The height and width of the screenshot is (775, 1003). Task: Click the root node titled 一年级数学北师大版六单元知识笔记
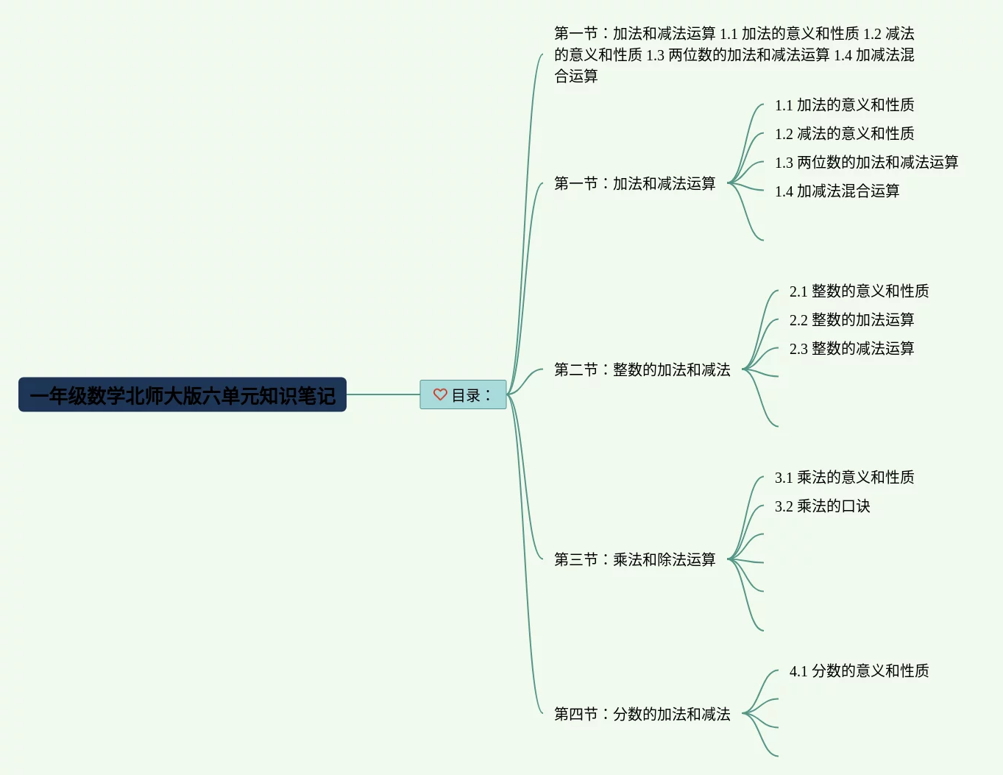click(182, 395)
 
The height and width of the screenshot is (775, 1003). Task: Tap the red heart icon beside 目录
click(440, 394)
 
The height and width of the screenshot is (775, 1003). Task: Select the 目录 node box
click(463, 394)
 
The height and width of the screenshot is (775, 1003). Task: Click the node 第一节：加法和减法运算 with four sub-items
click(634, 183)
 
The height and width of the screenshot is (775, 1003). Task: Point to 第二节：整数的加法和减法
click(642, 369)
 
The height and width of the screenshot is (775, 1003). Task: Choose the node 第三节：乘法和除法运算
click(634, 559)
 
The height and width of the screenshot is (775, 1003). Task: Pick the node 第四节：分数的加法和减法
click(642, 714)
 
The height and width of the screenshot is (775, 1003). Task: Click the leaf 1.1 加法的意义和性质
click(844, 105)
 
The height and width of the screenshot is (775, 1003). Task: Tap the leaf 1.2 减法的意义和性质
click(844, 134)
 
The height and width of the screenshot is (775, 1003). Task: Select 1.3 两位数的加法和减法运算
click(866, 163)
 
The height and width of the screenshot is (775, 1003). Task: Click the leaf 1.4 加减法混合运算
click(837, 191)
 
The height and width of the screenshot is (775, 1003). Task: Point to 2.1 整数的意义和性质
click(859, 291)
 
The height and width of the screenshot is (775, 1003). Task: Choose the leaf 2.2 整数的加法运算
click(851, 320)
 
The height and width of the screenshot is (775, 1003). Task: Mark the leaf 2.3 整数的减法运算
click(851, 349)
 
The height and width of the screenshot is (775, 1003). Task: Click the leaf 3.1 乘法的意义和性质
click(844, 478)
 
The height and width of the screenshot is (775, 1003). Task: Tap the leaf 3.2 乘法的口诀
click(822, 506)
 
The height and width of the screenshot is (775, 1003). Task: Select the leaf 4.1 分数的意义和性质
click(859, 671)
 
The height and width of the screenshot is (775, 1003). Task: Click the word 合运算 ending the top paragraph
click(576, 77)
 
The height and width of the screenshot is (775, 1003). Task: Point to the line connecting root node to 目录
click(383, 394)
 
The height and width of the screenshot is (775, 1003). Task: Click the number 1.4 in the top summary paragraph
click(843, 55)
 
